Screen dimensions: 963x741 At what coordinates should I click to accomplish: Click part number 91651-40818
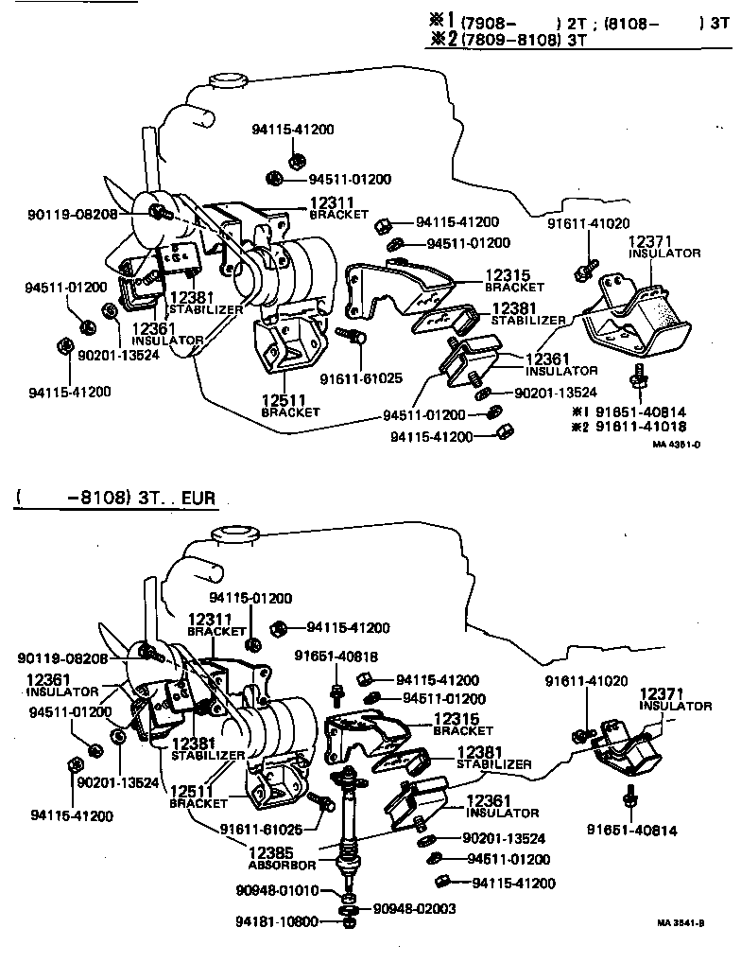coord(336,657)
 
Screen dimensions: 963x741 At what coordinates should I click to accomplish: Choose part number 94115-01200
coord(250,598)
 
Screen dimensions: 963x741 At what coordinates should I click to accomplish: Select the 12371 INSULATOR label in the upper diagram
coord(664,247)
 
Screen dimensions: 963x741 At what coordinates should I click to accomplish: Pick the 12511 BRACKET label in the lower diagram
coord(198,797)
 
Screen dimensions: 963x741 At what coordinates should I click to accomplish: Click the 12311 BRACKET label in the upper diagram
coord(338,208)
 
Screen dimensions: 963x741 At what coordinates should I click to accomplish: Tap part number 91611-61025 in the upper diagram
coord(361,377)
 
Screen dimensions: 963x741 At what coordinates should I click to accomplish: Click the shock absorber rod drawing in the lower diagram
coord(349,818)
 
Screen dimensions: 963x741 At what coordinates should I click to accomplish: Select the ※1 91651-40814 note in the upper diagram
coord(629,412)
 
